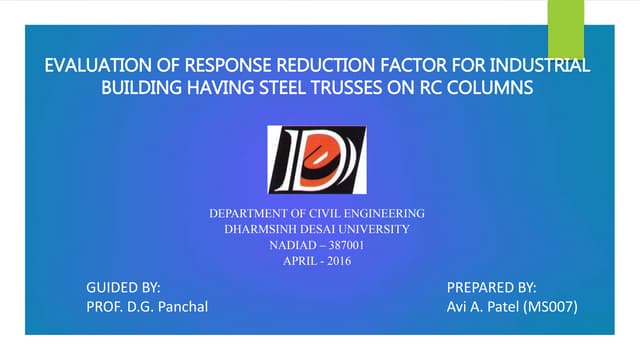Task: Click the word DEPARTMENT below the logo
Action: [x=248, y=214]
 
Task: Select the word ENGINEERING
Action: [x=385, y=214]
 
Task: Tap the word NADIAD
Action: [x=291, y=246]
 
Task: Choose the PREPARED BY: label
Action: [x=492, y=287]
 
